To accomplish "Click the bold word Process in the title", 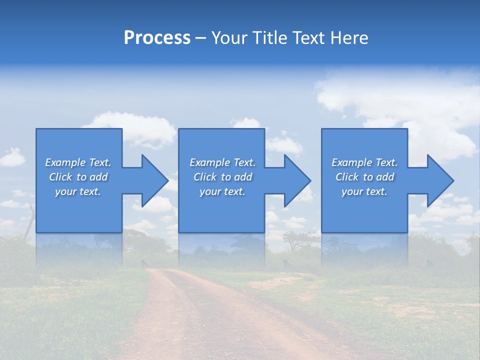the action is coord(157,38).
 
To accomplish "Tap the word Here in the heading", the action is coord(349,38).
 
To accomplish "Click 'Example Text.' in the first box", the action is coord(78,162).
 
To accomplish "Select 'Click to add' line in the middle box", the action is coord(222,177).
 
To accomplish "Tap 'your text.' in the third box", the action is coord(364,191).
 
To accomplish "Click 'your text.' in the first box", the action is coord(78,191).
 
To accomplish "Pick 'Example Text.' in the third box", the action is coord(364,162).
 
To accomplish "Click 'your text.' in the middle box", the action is coord(222,191).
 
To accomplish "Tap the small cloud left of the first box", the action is coord(12,158).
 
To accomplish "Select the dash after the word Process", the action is coord(201,38).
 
